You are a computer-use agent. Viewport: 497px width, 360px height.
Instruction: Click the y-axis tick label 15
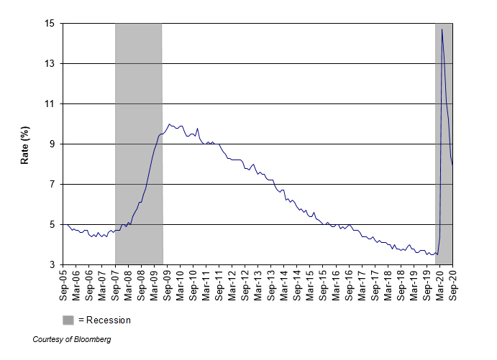pos(50,24)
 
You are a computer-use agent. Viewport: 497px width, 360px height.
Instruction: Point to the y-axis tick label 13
pos(50,64)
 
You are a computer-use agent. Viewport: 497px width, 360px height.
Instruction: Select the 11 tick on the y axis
pos(50,104)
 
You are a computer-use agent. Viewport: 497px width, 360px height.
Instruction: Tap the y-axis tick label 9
pos(52,144)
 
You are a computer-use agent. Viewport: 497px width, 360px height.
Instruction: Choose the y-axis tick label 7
pos(52,185)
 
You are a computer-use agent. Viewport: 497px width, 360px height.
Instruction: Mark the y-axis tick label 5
pos(52,225)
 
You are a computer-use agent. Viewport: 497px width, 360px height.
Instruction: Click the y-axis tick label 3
pos(52,265)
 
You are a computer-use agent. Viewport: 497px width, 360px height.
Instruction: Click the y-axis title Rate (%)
pos(24,144)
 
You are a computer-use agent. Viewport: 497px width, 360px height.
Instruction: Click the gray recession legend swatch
pos(68,320)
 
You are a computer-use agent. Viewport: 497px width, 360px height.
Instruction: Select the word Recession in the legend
pos(109,320)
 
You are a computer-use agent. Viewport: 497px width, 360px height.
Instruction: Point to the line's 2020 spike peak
pos(442,29)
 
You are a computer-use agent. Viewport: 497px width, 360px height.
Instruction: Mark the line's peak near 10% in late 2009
pos(170,124)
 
